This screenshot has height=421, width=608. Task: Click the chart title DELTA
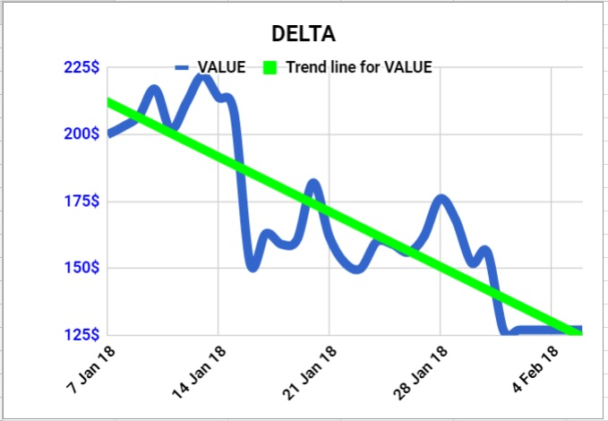pyautogui.click(x=304, y=34)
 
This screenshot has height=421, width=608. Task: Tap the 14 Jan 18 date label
pyautogui.click(x=200, y=369)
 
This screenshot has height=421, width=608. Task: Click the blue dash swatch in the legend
pyautogui.click(x=182, y=67)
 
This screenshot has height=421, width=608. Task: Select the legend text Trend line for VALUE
pyautogui.click(x=358, y=67)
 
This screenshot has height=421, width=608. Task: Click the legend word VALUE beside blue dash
pyautogui.click(x=221, y=67)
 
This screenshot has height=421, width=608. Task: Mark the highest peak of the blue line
pyautogui.click(x=202, y=78)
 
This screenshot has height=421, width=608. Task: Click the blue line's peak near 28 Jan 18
pyautogui.click(x=441, y=199)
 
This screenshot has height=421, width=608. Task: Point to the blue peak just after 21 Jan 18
pyautogui.click(x=313, y=184)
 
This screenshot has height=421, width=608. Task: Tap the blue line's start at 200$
pyautogui.click(x=109, y=134)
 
